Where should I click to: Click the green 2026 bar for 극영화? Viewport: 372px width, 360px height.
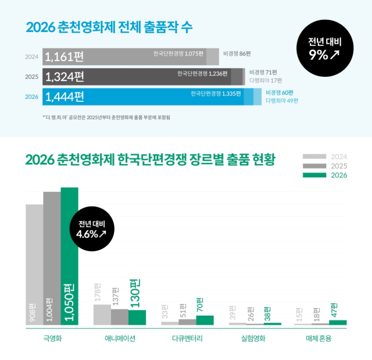pos(69,256)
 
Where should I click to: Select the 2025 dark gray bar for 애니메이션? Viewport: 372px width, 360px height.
pos(120,317)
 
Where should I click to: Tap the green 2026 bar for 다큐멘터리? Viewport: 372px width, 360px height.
pos(205,320)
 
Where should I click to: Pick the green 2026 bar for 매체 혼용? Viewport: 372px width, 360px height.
pos(338,322)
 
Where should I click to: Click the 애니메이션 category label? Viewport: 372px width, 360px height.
pos(120,338)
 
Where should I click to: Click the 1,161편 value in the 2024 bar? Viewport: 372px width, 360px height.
pos(65,57)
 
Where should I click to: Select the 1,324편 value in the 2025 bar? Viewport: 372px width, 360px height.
pos(65,77)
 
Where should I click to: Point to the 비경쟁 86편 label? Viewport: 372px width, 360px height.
pos(237,54)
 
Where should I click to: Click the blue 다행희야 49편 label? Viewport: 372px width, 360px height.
pos(282,101)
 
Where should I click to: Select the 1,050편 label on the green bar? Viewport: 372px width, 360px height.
pos(69,302)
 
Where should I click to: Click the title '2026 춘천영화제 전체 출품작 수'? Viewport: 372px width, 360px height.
pos(109,27)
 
